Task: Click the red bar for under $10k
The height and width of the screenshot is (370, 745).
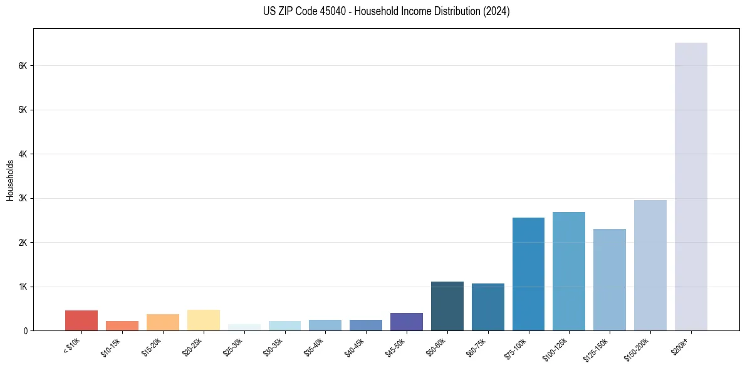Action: (x=81, y=320)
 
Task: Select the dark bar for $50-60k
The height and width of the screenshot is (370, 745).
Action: (x=447, y=306)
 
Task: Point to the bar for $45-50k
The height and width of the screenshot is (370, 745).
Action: (x=407, y=322)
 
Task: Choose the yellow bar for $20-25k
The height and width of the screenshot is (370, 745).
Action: (x=203, y=320)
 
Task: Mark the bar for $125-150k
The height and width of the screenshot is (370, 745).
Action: (x=610, y=280)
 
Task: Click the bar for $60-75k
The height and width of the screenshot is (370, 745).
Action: (x=487, y=307)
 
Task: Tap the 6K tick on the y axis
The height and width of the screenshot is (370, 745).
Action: (x=23, y=66)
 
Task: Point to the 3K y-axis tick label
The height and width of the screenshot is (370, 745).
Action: (x=23, y=198)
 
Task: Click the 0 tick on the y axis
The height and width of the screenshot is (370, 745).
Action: (x=26, y=330)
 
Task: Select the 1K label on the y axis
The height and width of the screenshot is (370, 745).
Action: (x=23, y=287)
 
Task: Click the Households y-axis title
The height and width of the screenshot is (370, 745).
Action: (x=10, y=180)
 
